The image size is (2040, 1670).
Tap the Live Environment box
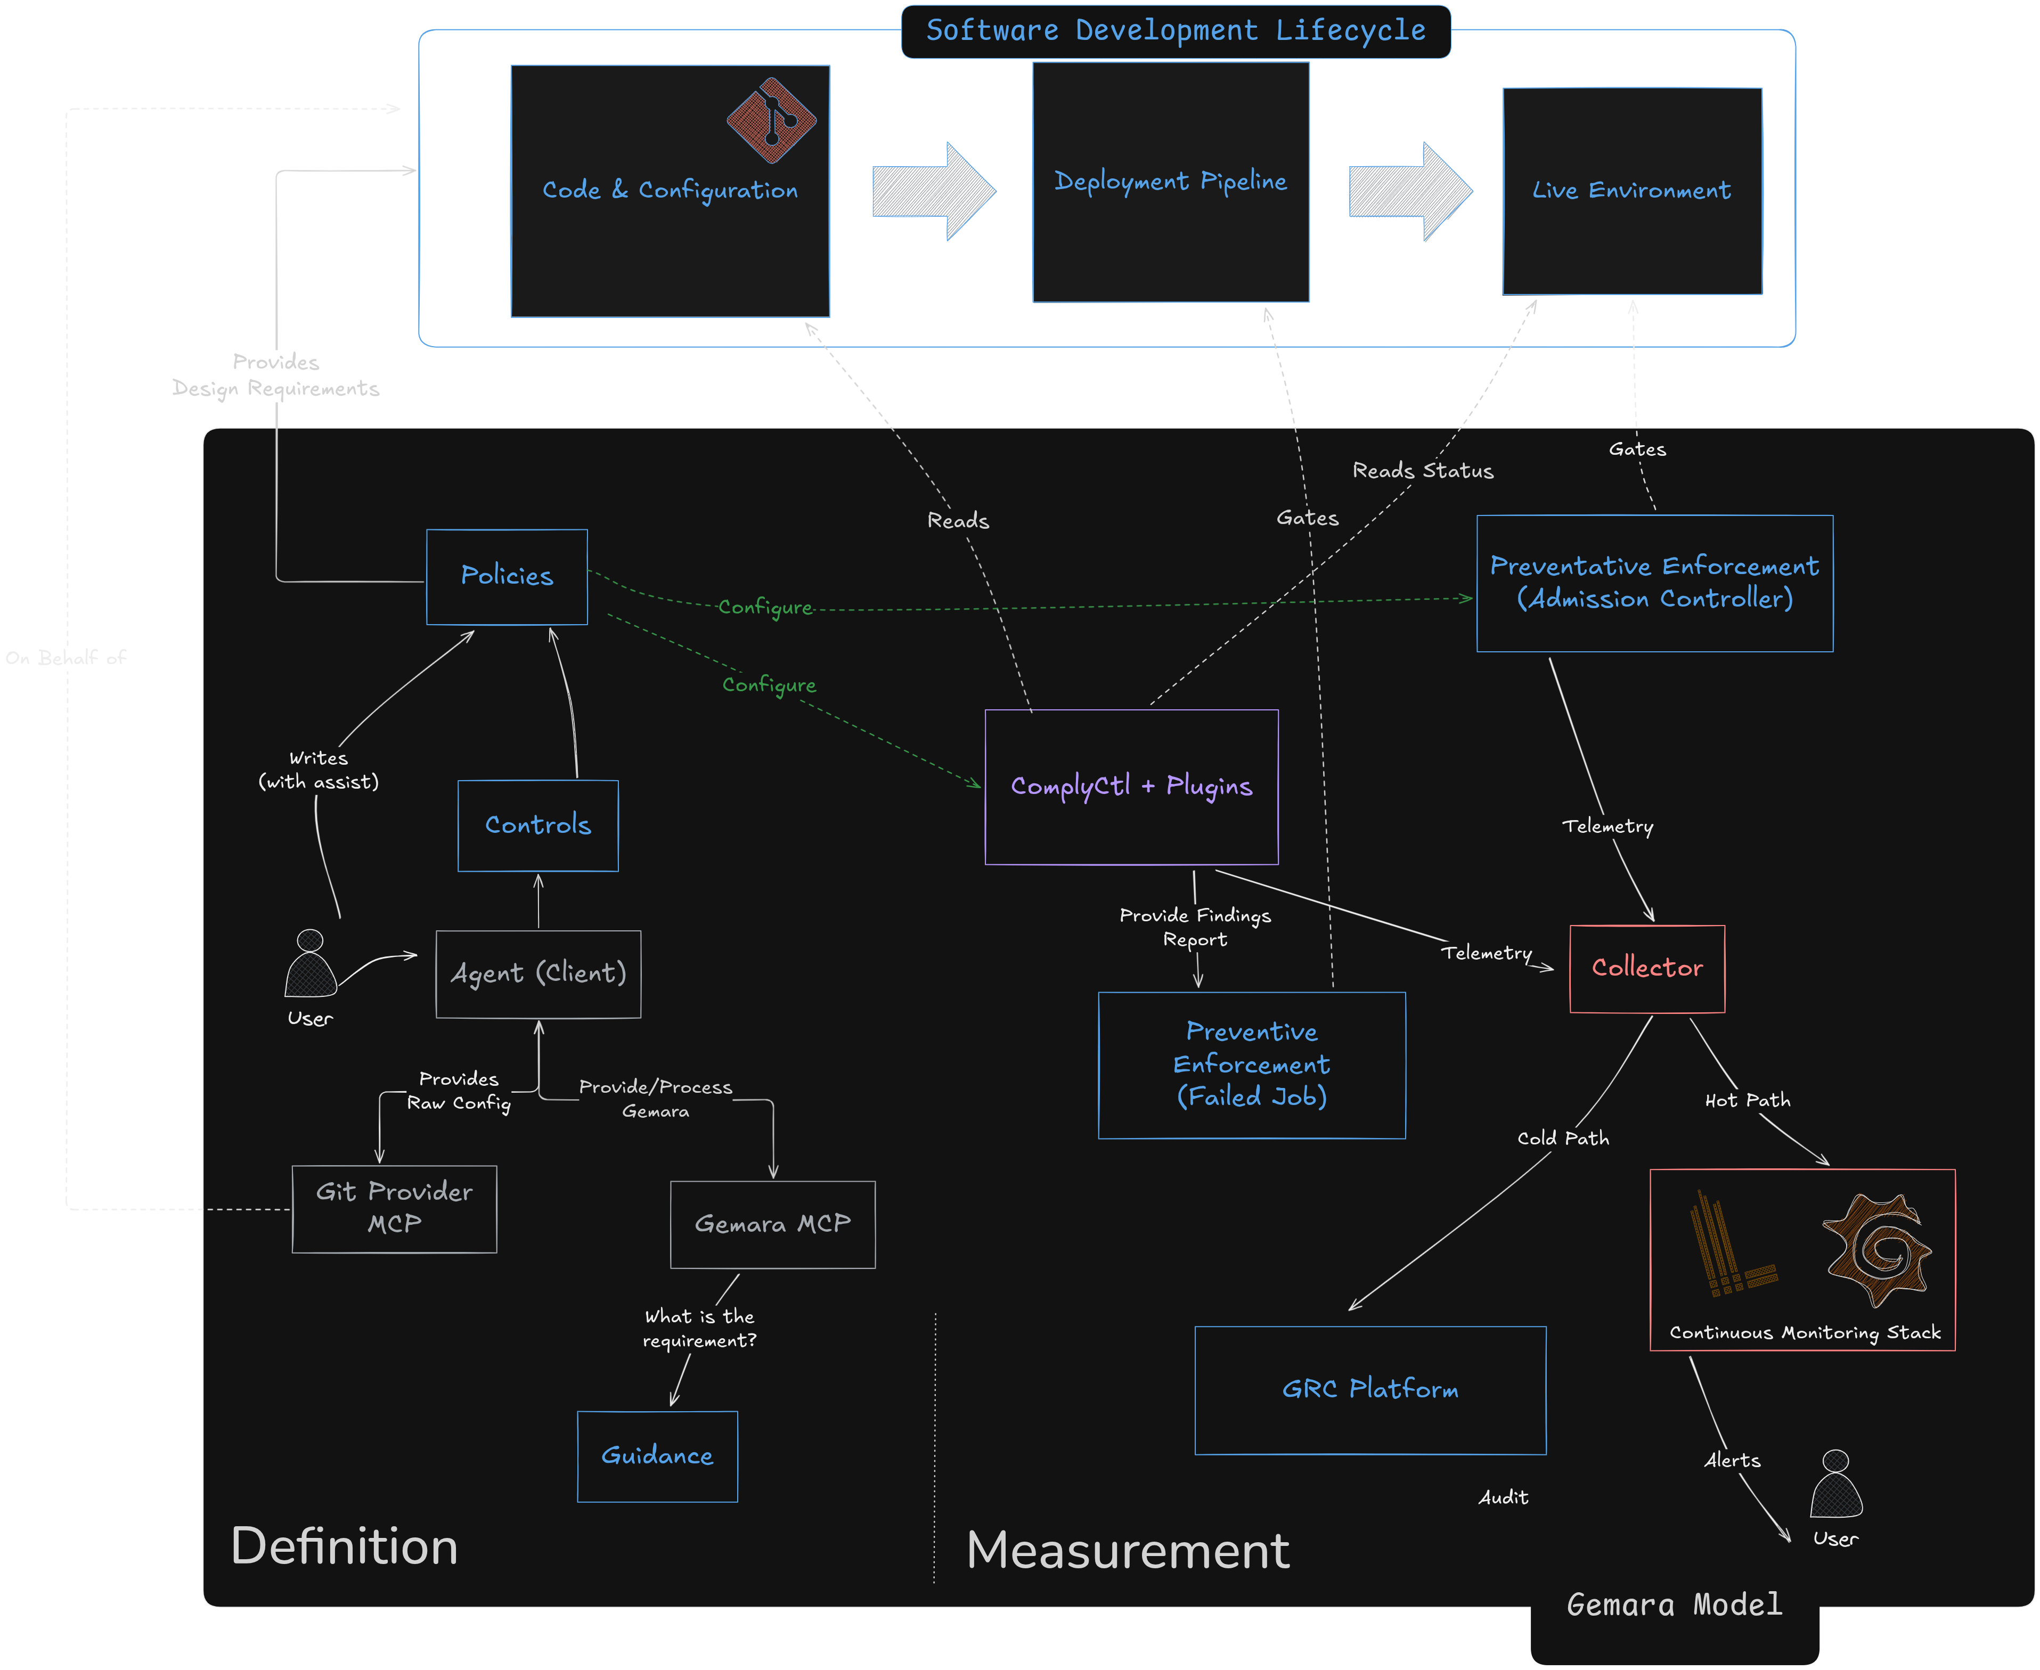point(1632,191)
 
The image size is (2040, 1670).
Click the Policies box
point(507,576)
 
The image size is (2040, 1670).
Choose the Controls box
point(538,825)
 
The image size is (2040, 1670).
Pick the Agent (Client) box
point(538,973)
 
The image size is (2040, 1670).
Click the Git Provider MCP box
point(395,1208)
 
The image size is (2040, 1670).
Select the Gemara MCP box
point(773,1224)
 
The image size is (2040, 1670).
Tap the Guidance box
point(657,1455)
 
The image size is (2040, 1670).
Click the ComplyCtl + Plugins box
point(1132,787)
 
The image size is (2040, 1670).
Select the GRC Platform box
point(1370,1389)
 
